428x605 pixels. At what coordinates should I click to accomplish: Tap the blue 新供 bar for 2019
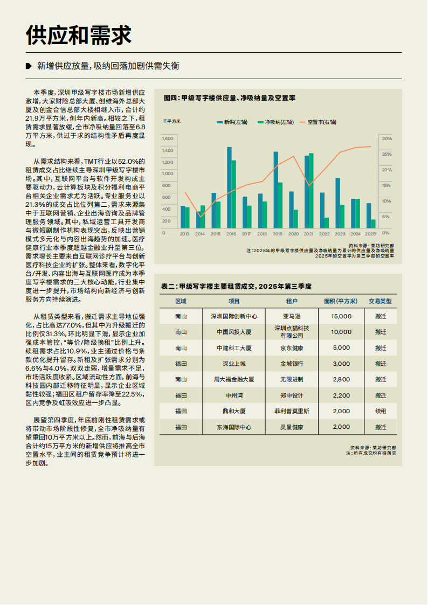275,189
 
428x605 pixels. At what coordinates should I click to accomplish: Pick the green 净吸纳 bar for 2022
327,222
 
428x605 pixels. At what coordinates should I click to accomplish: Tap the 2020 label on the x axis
294,234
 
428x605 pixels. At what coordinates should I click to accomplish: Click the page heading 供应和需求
79,36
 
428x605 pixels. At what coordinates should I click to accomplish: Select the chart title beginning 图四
230,98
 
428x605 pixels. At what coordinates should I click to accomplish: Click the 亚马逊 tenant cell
293,317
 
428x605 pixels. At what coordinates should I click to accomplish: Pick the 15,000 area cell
341,317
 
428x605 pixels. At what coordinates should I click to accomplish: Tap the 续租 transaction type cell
381,411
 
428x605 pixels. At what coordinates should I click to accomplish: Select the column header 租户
293,301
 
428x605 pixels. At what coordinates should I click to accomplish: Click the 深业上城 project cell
234,364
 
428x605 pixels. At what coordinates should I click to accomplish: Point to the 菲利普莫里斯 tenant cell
293,411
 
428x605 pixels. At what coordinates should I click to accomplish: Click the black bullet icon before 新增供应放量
29,66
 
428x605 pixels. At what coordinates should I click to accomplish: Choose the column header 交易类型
381,301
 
